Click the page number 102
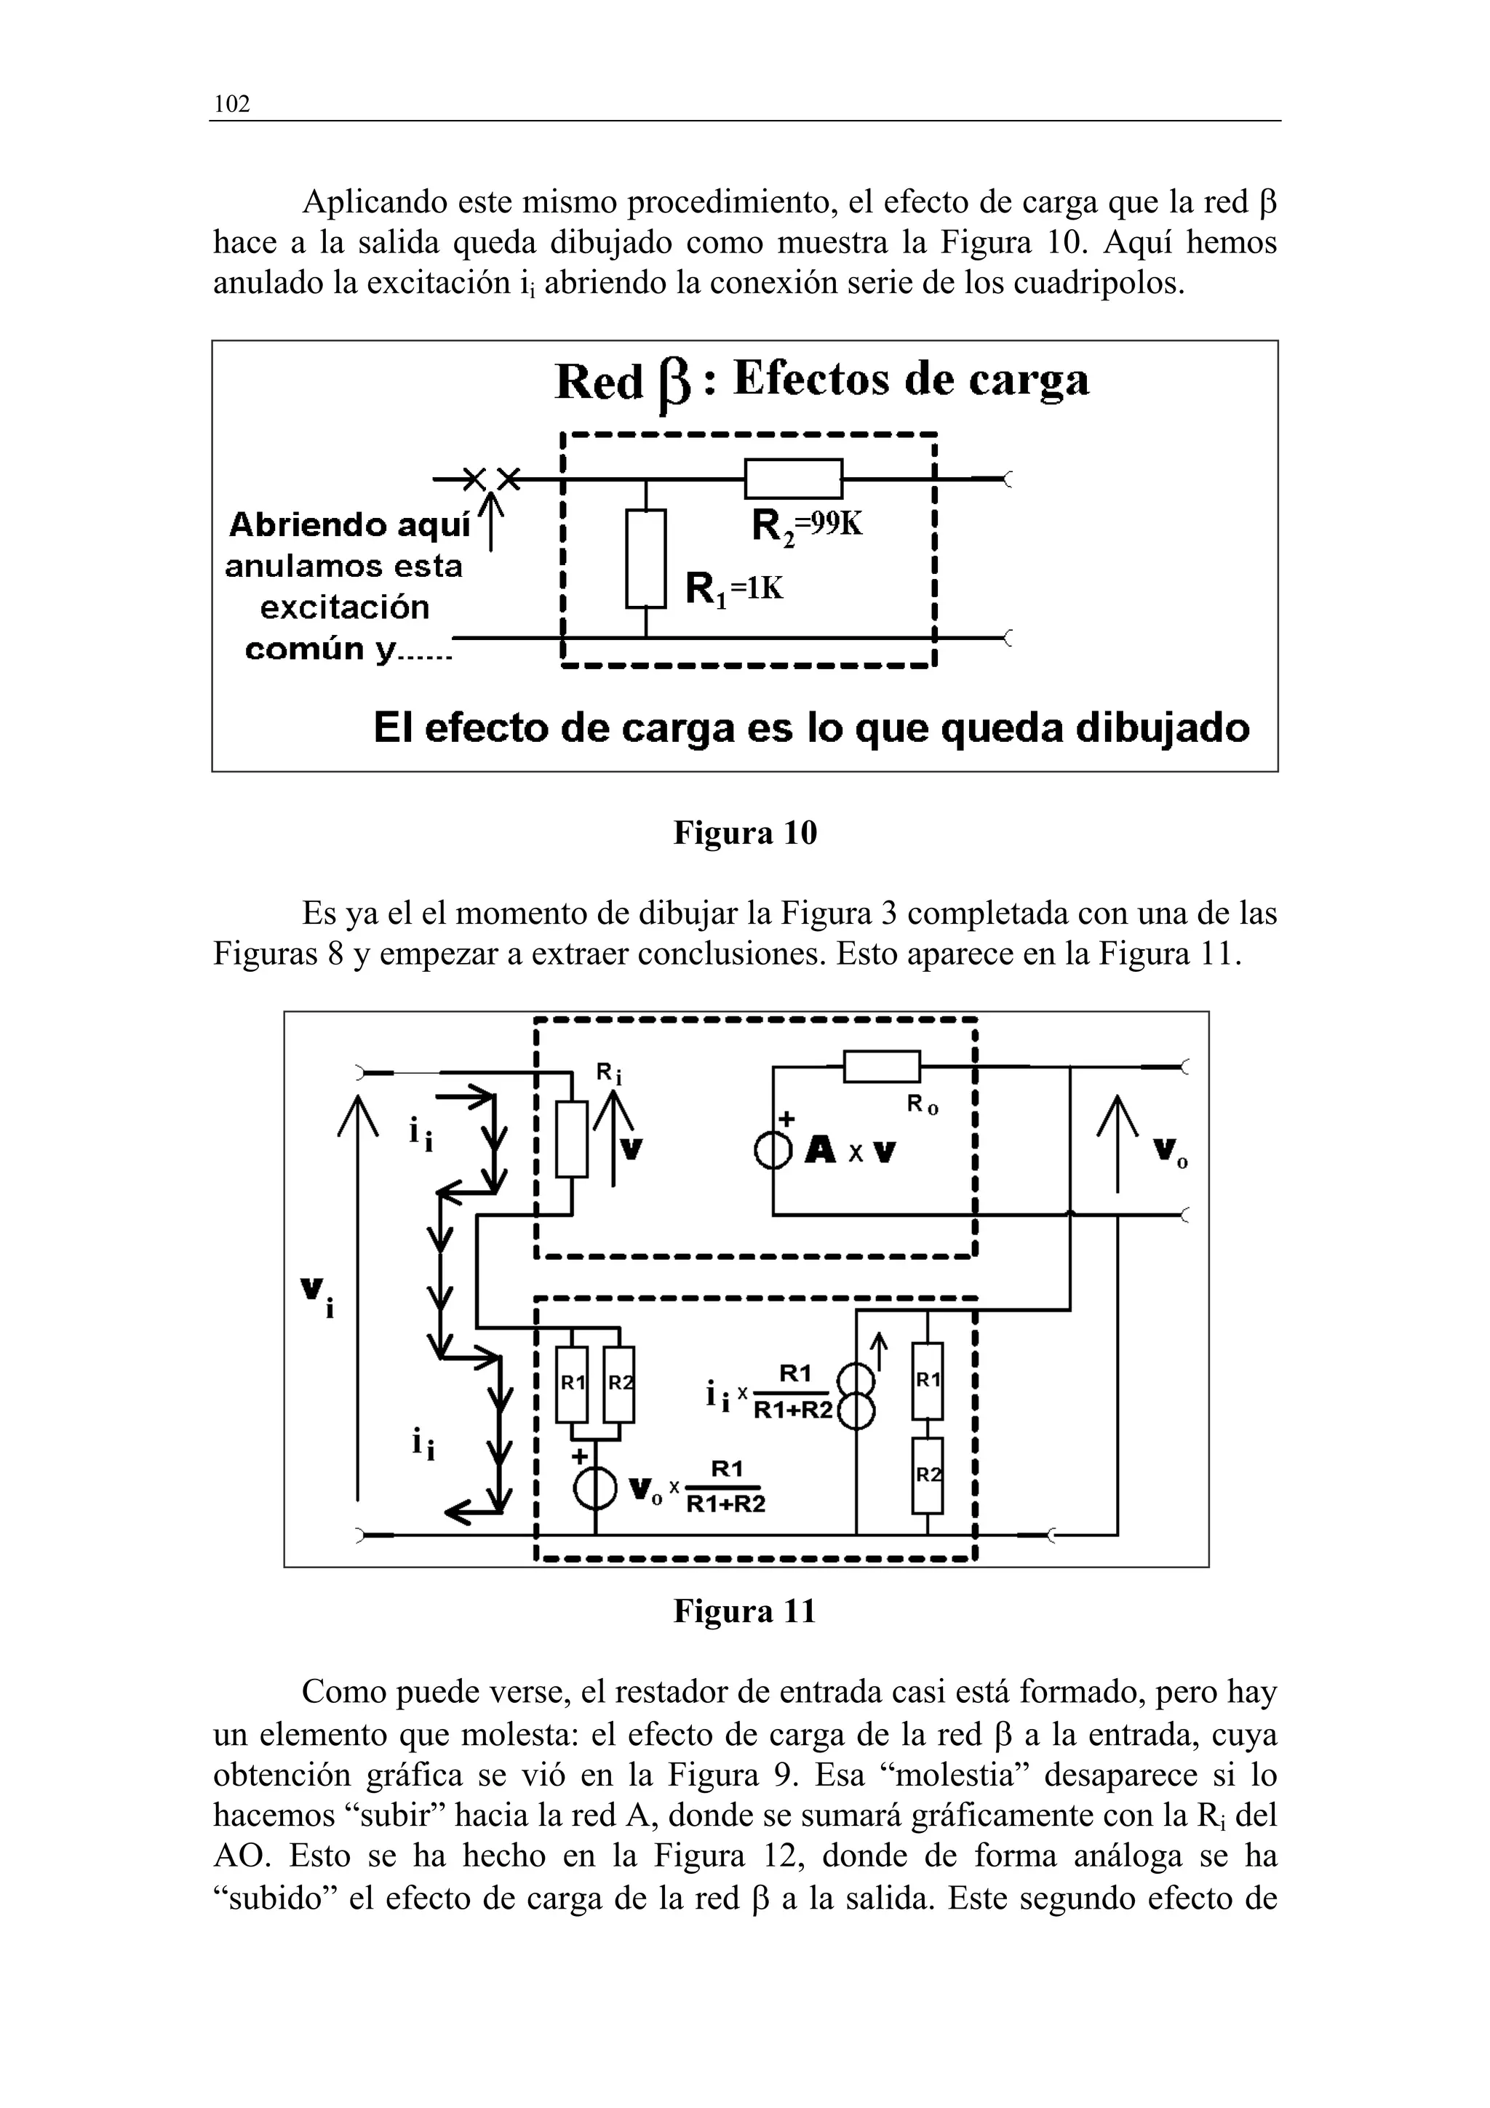pos(231,105)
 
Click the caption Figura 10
pos(744,833)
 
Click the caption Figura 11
pos(744,1610)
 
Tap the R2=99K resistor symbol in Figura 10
pos(793,479)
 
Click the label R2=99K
pos(807,527)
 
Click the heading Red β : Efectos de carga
pos(821,381)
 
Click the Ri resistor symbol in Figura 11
pos(572,1138)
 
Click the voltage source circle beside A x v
pos(773,1151)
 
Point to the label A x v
pos(850,1151)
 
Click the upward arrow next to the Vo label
pos(1117,1143)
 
